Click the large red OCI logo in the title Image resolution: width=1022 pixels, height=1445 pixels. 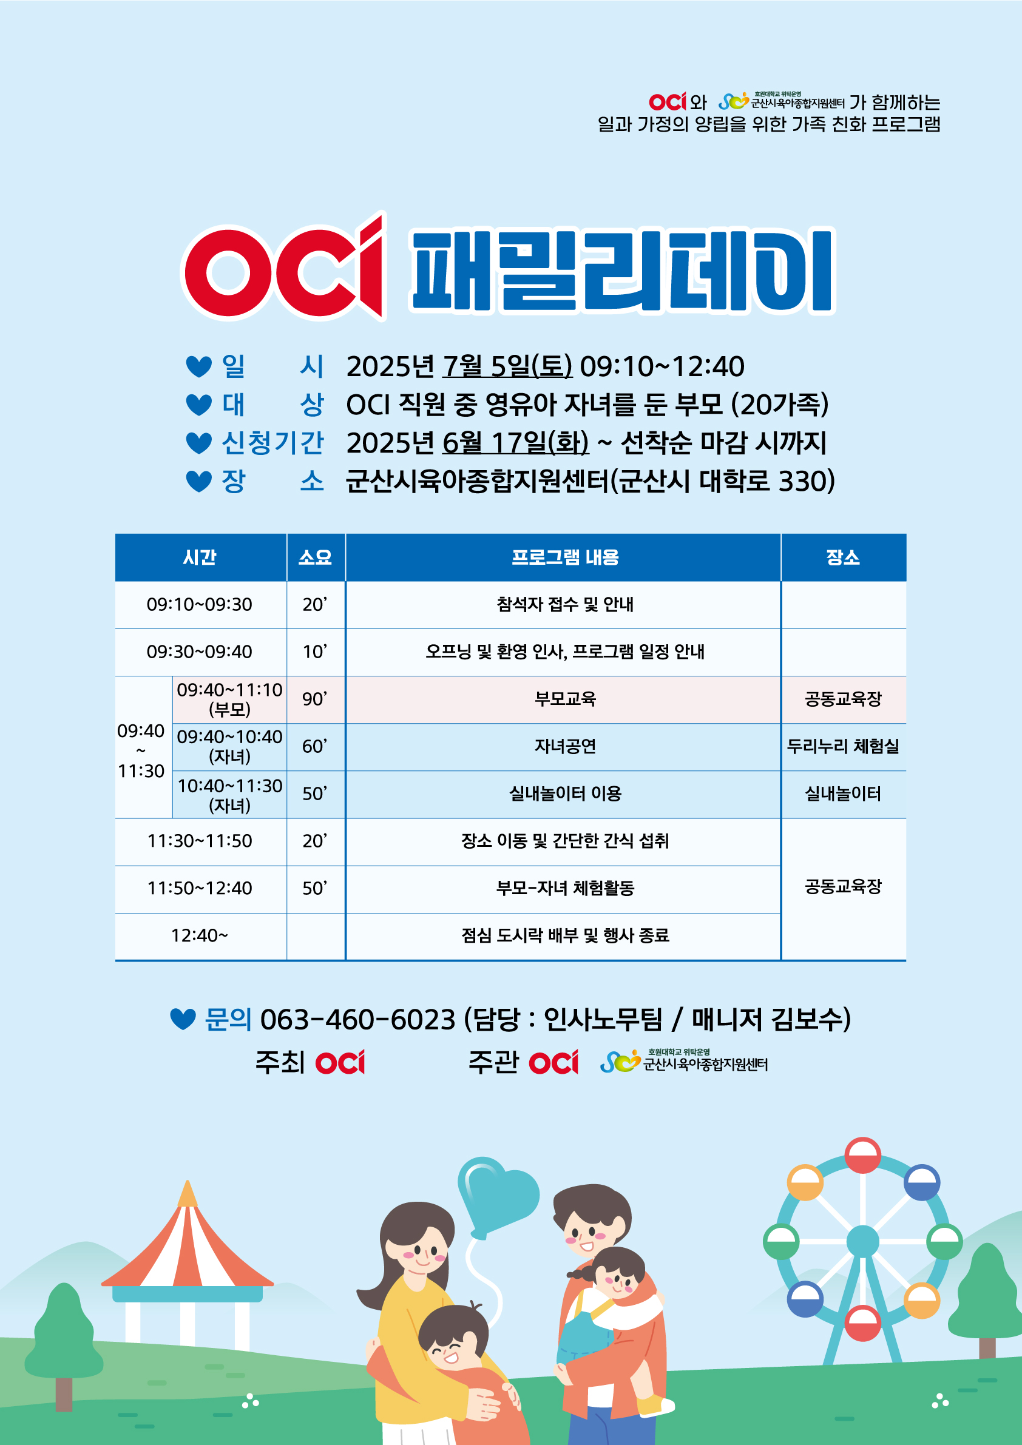[x=283, y=267]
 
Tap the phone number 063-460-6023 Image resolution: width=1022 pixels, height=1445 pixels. [x=357, y=1019]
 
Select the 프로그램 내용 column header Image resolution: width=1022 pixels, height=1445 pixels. [x=564, y=557]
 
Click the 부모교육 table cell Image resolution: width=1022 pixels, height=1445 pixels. [x=564, y=699]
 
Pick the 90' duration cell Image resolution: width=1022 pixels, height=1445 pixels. [x=315, y=699]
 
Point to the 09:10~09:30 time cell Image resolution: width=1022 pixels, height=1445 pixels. [x=199, y=604]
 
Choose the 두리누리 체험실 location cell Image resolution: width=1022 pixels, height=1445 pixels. [x=842, y=746]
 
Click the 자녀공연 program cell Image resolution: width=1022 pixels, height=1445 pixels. [x=564, y=746]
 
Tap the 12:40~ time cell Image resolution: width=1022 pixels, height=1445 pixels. [x=199, y=935]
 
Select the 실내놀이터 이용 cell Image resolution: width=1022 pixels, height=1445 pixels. [x=564, y=793]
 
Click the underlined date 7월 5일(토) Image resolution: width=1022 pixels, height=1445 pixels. [x=507, y=366]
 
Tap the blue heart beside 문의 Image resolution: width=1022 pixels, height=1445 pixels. [x=183, y=1020]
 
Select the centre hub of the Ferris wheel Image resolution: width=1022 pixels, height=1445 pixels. [x=862, y=1242]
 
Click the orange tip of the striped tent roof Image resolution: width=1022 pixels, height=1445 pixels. [x=187, y=1194]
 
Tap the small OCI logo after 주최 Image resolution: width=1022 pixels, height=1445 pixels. [x=340, y=1062]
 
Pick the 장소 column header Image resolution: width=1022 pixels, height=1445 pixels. [x=842, y=557]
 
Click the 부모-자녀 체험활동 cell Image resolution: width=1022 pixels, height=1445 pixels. [x=564, y=888]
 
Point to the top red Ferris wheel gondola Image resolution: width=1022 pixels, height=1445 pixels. [x=862, y=1156]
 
